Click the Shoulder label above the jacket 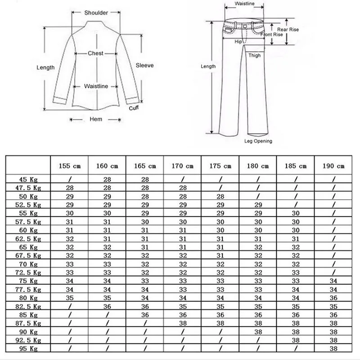tap(96, 13)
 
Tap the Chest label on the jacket tap(95, 54)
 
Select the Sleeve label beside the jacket tap(145, 66)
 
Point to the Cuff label tap(134, 108)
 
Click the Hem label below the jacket tap(96, 119)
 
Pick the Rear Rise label tap(288, 30)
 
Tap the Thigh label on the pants tap(255, 56)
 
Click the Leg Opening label tap(258, 141)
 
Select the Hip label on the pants tap(238, 41)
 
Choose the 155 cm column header tap(70, 166)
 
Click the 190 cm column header tap(334, 166)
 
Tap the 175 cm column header tap(220, 166)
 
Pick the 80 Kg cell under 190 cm tap(334, 298)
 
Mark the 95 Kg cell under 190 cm tap(334, 349)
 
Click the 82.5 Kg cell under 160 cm tap(108, 306)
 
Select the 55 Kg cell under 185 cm tap(296, 213)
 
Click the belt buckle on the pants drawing tap(244, 26)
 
